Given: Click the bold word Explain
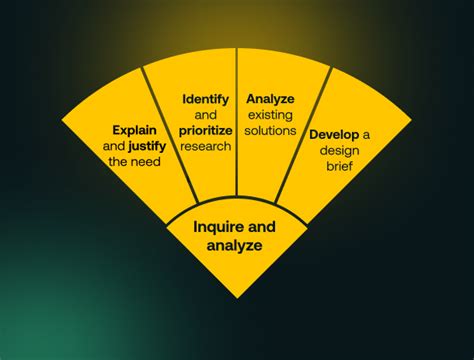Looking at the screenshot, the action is [135, 130].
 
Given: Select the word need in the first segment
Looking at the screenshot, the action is [147, 161].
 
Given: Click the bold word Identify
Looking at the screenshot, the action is [206, 99].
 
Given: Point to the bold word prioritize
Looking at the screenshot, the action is [207, 130].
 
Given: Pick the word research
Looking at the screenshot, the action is [207, 146].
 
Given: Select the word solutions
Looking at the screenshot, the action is [269, 130].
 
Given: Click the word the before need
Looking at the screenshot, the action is [119, 161].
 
